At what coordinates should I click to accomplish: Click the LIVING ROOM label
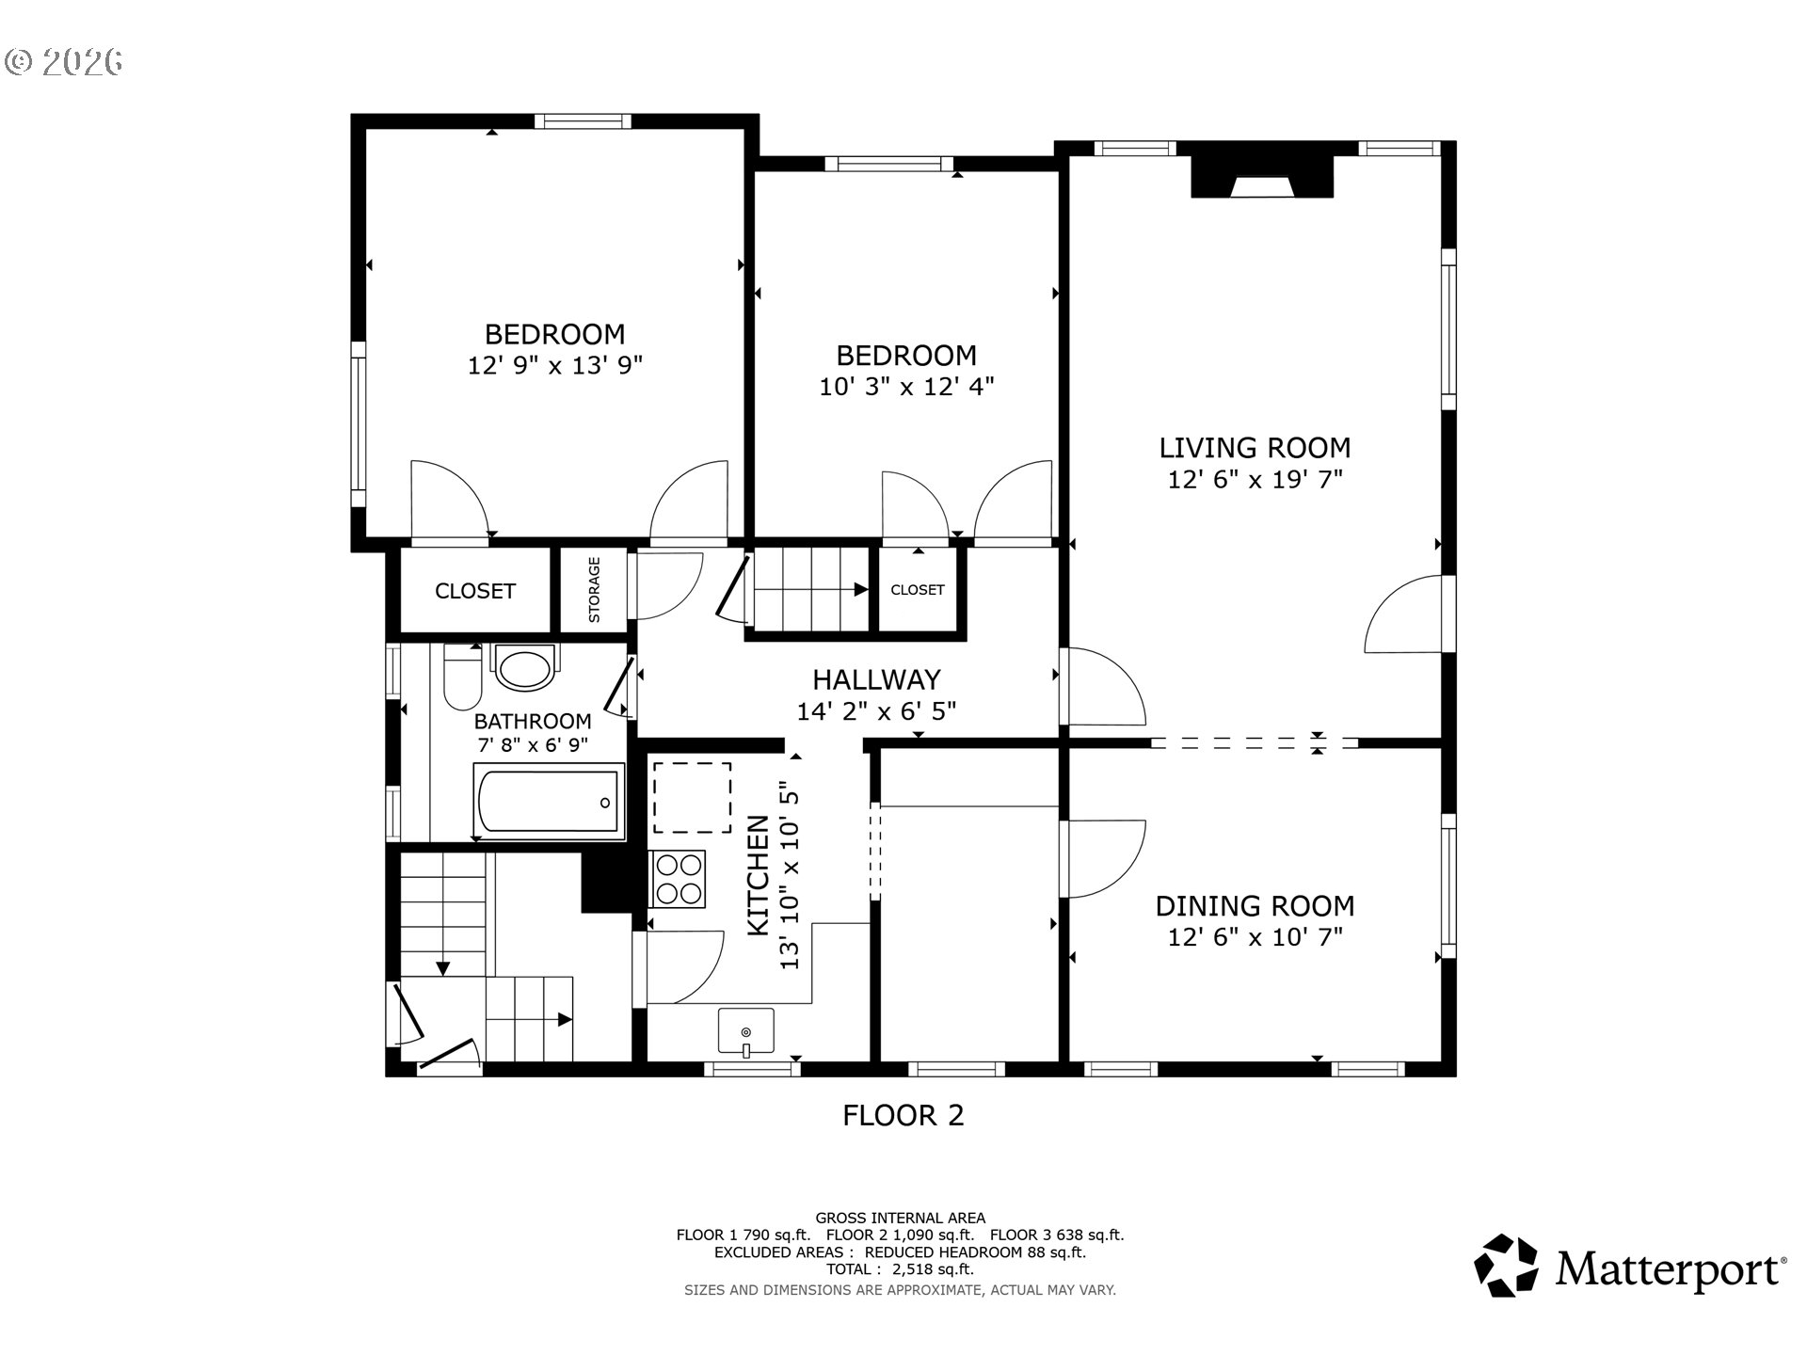tap(1255, 448)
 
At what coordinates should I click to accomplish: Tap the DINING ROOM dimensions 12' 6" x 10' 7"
tap(1255, 937)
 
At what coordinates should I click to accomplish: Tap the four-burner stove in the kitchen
tap(678, 879)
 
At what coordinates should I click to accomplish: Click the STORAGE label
tap(594, 590)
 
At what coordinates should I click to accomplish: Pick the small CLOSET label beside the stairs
tap(917, 590)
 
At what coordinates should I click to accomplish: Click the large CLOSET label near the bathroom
tap(474, 591)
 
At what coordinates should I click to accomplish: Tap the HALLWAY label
tap(876, 679)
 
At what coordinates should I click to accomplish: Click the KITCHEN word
tap(759, 875)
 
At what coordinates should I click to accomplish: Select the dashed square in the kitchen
tap(692, 798)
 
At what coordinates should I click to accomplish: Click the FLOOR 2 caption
tap(903, 1116)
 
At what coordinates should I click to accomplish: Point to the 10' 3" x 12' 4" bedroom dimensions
tap(905, 387)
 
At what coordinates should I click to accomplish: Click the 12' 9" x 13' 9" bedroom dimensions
tap(554, 365)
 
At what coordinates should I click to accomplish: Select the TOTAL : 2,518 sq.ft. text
tap(900, 1269)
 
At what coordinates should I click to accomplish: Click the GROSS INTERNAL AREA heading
tap(900, 1218)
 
